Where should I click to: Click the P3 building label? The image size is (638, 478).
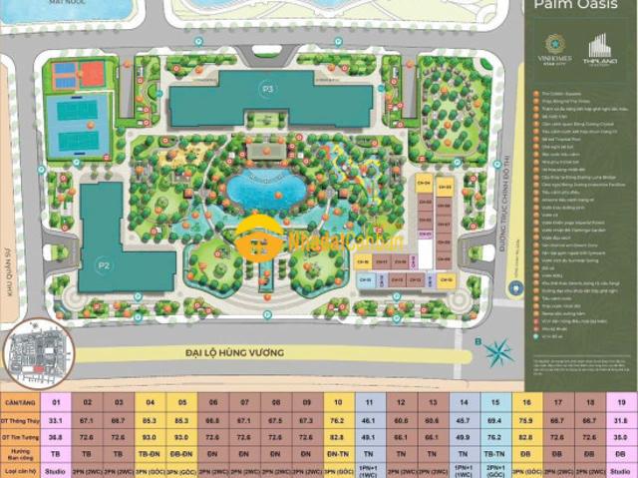click(x=267, y=88)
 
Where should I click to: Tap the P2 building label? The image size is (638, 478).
click(x=104, y=265)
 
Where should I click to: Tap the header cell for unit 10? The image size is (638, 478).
click(x=339, y=403)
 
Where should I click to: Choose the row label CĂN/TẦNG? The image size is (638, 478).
click(x=20, y=403)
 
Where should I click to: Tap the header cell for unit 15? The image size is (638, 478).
click(x=494, y=403)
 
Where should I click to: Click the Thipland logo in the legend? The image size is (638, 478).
click(x=599, y=47)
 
